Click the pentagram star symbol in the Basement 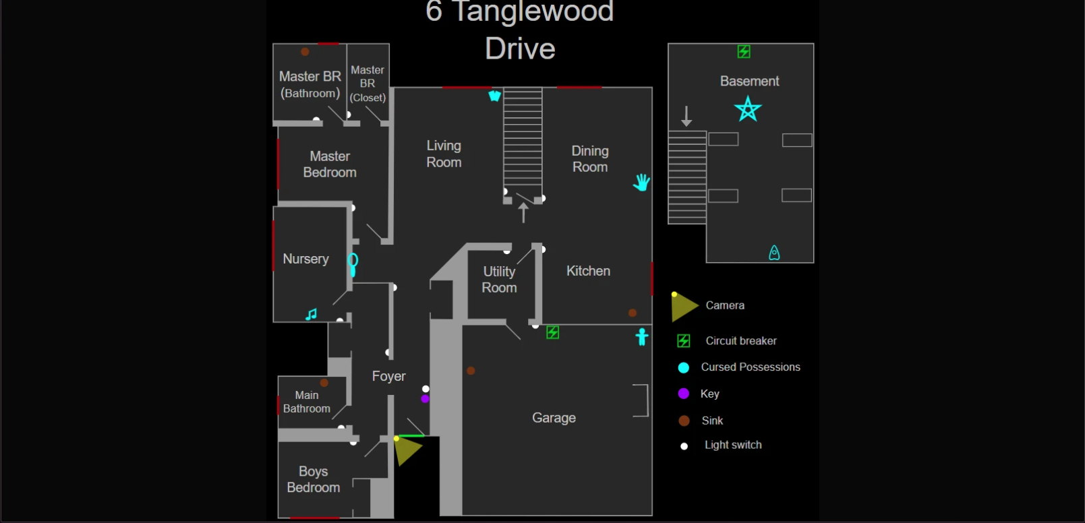pos(748,109)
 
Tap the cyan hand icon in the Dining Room pos(641,182)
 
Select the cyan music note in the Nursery pos(311,314)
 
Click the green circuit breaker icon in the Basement pos(744,52)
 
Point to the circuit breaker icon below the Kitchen pos(552,332)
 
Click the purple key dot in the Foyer pos(425,399)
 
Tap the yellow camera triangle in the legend pos(684,307)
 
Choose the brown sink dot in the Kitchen pos(633,313)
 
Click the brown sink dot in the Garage pos(471,371)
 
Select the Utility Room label pos(499,280)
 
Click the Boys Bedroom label pos(314,479)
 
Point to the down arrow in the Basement pos(686,116)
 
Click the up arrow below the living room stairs pos(523,212)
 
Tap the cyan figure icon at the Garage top pos(642,336)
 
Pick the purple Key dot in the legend pos(684,394)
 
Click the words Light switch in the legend pos(733,445)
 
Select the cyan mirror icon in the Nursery pos(353,264)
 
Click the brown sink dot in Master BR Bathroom pos(305,52)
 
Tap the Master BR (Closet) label pos(368,84)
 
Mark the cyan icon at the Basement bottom pos(774,253)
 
